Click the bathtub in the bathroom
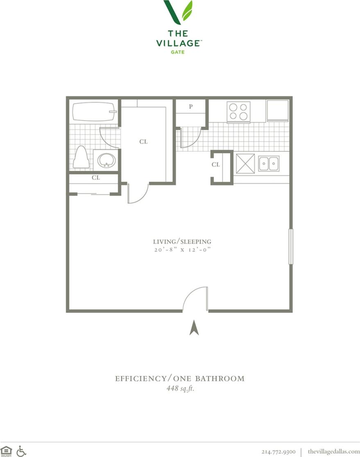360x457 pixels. point(94,111)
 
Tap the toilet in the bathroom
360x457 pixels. point(81,157)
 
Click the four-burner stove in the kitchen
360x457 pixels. point(238,111)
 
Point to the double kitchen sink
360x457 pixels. point(268,164)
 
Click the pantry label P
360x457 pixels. point(190,107)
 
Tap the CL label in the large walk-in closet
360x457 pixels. point(143,142)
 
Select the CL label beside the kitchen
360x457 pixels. point(216,165)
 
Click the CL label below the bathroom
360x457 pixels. point(96,178)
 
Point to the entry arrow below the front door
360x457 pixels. point(195,328)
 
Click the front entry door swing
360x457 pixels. point(196,299)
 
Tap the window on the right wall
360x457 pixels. point(290,246)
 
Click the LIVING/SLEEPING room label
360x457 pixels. point(182,242)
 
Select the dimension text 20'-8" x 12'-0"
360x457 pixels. point(182,250)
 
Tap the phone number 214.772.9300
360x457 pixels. point(278,451)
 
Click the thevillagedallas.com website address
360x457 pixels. point(333,451)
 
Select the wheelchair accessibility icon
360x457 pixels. point(21,451)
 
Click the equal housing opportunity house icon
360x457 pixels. point(6,451)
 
